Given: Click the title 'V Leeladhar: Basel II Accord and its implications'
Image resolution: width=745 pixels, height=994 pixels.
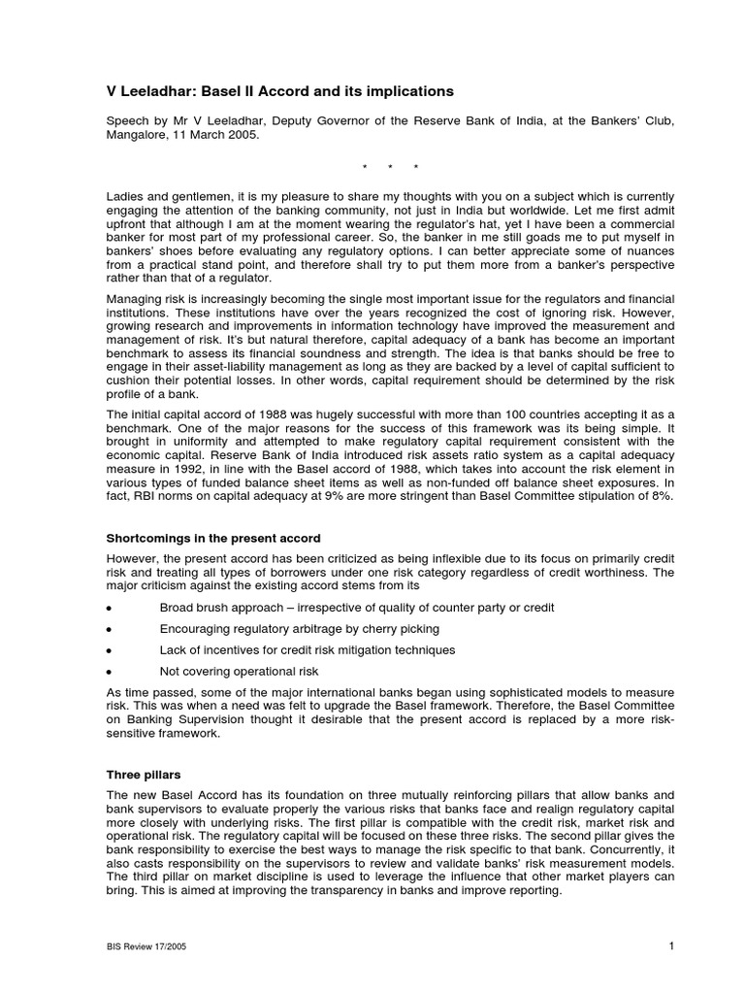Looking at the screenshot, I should [x=279, y=91].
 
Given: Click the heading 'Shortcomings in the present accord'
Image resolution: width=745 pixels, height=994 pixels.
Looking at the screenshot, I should [x=213, y=538].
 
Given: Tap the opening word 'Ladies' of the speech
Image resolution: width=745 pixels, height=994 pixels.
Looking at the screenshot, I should [x=123, y=196].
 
